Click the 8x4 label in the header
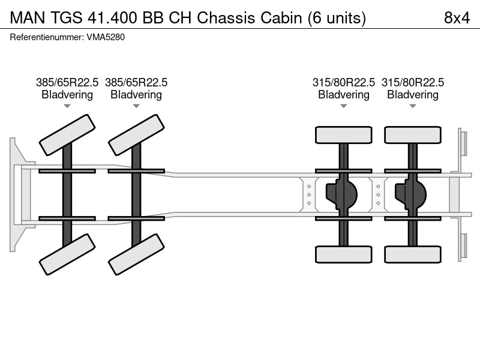click(457, 18)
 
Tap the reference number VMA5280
click(106, 37)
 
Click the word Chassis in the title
click(226, 18)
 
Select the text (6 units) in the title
click(337, 18)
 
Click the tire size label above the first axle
click(67, 82)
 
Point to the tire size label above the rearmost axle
click(413, 82)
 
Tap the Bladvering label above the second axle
click(136, 95)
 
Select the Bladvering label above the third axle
click(344, 95)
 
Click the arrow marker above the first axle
click(67, 106)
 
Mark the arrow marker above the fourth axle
click(413, 106)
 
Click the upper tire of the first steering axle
click(67, 135)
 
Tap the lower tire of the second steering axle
click(136, 254)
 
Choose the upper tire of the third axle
click(343, 135)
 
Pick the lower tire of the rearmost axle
click(413, 254)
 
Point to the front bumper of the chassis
click(19, 194)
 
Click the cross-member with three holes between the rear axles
click(378, 194)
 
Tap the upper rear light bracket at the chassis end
click(463, 144)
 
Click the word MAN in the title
click(28, 18)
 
